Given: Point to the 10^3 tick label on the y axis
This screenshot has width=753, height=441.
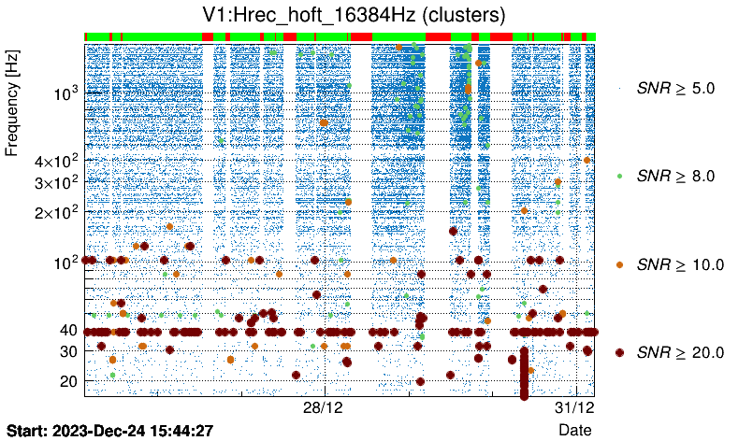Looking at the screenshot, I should [64, 94].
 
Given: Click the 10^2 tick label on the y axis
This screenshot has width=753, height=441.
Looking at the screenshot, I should [64, 262].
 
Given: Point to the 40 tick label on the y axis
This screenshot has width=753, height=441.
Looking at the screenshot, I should [69, 331].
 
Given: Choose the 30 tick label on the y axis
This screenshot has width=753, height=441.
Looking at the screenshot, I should [69, 351].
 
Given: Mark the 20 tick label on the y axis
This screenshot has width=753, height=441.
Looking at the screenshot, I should [69, 381].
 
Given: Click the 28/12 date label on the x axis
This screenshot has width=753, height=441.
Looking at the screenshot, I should [325, 408].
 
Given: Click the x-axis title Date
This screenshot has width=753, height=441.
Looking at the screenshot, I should [574, 429].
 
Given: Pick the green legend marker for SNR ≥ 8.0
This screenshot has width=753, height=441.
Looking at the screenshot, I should [619, 176].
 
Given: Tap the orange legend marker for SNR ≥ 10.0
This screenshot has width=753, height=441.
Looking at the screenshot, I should [619, 264].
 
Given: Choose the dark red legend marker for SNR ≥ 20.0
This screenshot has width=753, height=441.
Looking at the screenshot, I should [619, 352].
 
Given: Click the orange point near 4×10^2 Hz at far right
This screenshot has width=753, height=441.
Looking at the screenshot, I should [586, 160].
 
